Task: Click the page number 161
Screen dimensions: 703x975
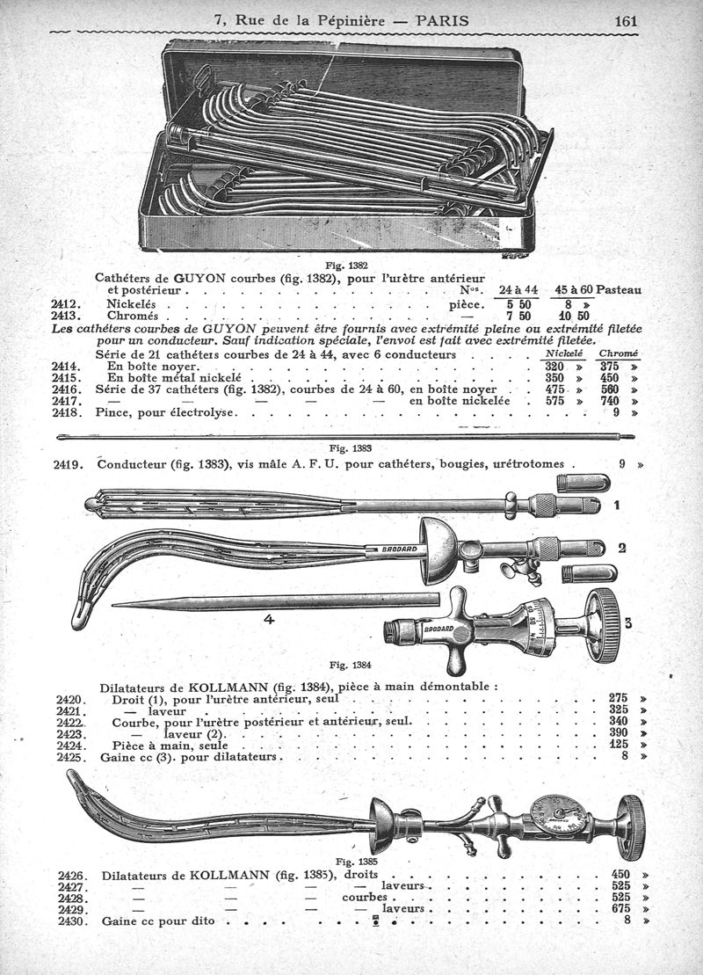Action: coord(626,20)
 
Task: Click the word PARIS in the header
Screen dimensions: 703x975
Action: coord(443,20)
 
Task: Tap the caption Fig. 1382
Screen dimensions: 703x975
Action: coord(343,266)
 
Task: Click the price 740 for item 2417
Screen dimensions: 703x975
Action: coord(611,401)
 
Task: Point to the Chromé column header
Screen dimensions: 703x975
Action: coord(619,353)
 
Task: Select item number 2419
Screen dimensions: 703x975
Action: coord(69,464)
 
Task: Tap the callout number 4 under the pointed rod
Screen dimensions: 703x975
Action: coord(269,619)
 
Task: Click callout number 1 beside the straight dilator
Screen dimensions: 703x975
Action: coord(617,506)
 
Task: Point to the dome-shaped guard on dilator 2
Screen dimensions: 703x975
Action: coord(434,551)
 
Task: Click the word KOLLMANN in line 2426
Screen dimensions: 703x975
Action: coord(230,875)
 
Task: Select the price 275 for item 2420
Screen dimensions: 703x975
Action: coord(619,698)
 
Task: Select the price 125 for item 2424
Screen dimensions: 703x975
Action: coord(619,745)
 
